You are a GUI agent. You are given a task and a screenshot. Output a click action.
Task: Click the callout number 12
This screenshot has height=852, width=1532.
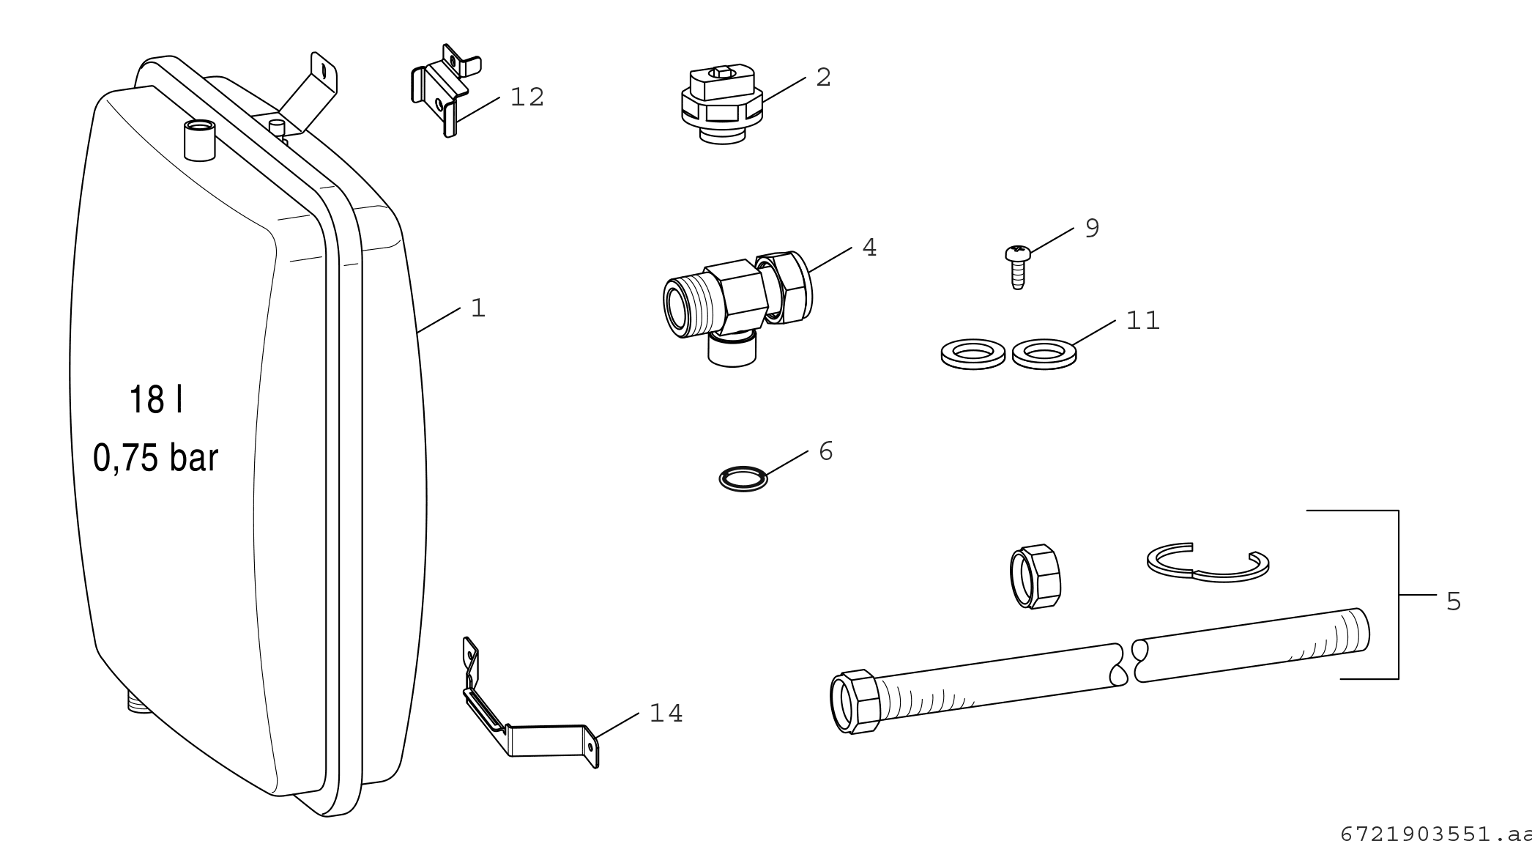point(527,97)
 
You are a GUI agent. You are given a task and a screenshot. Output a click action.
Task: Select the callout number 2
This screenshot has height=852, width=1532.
point(823,77)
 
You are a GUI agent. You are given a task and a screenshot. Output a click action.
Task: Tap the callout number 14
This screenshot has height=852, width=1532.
point(666,713)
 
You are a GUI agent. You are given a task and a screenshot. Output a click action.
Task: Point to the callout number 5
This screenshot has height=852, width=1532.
point(1454,601)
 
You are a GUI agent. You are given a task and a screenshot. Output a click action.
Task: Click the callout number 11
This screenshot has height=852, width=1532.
point(1143,321)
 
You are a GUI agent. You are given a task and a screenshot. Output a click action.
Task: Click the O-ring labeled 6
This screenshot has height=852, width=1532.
point(743,480)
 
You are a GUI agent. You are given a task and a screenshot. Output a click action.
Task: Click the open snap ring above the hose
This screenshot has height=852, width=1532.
point(1208,564)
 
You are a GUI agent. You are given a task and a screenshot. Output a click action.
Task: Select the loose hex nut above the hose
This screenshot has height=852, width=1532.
point(1035,576)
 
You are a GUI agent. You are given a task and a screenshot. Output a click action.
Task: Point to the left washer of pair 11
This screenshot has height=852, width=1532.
point(972,354)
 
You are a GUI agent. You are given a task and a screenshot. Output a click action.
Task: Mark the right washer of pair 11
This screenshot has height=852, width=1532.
point(1044,354)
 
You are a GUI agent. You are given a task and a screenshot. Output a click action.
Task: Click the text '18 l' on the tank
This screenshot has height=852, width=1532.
point(156,401)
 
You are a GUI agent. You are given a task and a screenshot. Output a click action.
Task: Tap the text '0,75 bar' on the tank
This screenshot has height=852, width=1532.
point(156,458)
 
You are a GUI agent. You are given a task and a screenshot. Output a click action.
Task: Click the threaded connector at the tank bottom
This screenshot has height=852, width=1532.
point(137,703)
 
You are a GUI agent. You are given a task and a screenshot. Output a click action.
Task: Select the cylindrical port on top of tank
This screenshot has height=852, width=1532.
point(198,140)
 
